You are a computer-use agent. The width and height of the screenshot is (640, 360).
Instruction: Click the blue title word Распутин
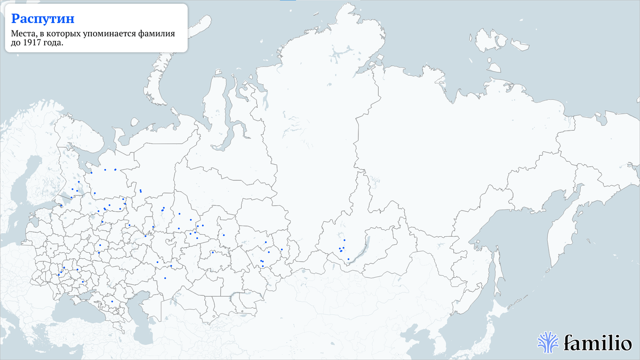43,19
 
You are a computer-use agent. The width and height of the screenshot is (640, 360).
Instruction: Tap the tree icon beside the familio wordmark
548,342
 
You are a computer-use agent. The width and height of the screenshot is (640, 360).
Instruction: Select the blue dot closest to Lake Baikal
348,259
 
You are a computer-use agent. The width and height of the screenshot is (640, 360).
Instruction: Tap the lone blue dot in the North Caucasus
112,301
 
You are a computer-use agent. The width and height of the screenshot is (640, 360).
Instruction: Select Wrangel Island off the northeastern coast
494,68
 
